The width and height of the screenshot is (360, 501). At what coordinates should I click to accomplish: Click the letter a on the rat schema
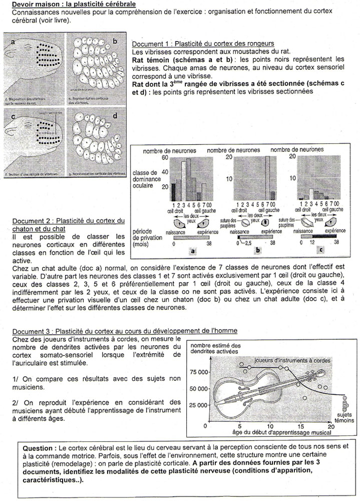[13, 43]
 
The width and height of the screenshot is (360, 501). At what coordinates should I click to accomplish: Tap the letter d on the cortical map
[115, 116]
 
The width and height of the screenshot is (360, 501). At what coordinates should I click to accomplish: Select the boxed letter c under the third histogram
[320, 250]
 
